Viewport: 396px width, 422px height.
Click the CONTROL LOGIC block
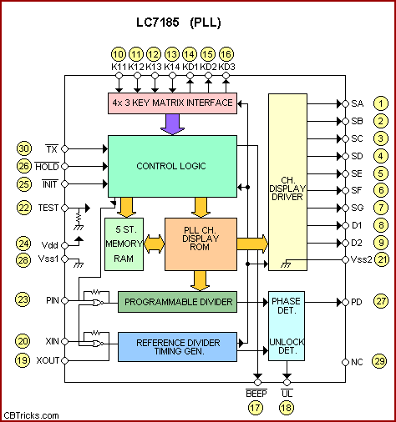click(172, 166)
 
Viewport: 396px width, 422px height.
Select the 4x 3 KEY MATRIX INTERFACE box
click(172, 103)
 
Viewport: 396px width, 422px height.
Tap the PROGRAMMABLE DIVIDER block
click(177, 302)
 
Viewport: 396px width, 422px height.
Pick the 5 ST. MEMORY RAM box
click(124, 244)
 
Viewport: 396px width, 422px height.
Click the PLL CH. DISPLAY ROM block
click(201, 244)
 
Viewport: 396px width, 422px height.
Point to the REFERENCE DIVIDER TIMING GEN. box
click(177, 347)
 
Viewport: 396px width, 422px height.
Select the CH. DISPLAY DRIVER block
click(287, 182)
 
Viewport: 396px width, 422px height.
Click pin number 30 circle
click(24, 148)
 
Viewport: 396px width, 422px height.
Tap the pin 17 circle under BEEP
click(256, 408)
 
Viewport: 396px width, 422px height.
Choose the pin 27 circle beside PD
click(381, 301)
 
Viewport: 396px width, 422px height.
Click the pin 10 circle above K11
click(119, 54)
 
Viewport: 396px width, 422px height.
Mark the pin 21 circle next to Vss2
click(382, 259)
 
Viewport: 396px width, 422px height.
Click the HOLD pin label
click(47, 166)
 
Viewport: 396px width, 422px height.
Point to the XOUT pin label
click(48, 360)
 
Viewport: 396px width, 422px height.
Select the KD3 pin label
click(226, 67)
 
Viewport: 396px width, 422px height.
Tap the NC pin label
click(357, 362)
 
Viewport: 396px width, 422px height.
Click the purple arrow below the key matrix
click(172, 124)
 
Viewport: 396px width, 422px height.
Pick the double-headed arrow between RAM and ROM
click(154, 244)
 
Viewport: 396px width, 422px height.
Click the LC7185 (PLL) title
click(179, 23)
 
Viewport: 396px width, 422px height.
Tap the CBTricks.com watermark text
click(31, 415)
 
